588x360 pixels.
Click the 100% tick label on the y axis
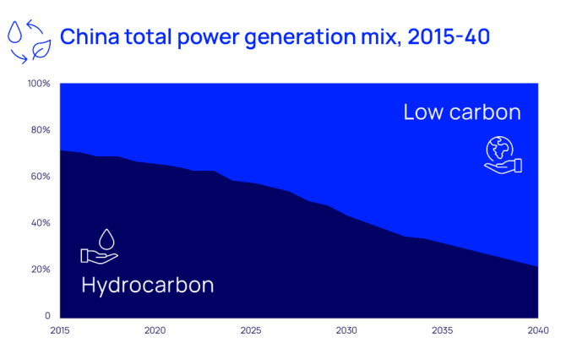[39, 84]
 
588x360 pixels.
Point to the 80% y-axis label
[41, 130]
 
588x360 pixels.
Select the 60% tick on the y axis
[41, 177]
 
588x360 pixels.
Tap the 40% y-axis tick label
[41, 223]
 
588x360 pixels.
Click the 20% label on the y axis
[41, 270]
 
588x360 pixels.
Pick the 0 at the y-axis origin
[47, 316]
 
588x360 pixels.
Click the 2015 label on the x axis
[60, 330]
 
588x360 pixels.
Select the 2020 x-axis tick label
[155, 330]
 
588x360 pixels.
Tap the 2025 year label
[251, 330]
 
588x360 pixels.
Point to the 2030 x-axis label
[346, 330]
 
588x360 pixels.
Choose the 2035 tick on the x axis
[443, 330]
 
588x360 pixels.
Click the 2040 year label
[538, 330]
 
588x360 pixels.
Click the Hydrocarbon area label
[148, 286]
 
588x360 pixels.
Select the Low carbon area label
[462, 112]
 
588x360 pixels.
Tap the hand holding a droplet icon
[100, 247]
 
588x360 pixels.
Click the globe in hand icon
[503, 155]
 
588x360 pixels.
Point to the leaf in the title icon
[41, 49]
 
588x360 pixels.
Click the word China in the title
[90, 36]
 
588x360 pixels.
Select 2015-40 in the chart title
[449, 36]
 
